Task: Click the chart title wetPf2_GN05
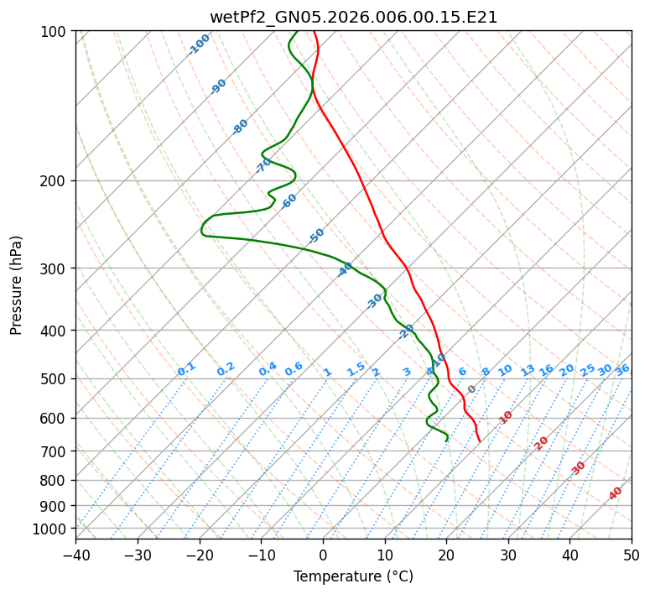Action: click(353, 17)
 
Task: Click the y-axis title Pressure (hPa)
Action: click(17, 284)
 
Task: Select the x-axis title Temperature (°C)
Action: click(353, 576)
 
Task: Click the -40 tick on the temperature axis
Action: click(75, 555)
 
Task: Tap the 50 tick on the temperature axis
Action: click(632, 555)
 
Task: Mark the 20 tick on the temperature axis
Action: click(446, 555)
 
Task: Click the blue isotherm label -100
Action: click(200, 44)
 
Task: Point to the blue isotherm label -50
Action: click(316, 236)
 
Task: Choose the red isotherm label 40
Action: click(616, 493)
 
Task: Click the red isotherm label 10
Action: click(506, 417)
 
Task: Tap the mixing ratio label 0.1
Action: click(186, 369)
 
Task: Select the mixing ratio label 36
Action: click(622, 369)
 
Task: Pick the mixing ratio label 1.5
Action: click(356, 369)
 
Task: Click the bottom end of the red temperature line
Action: click(480, 441)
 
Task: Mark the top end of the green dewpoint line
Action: click(297, 31)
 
